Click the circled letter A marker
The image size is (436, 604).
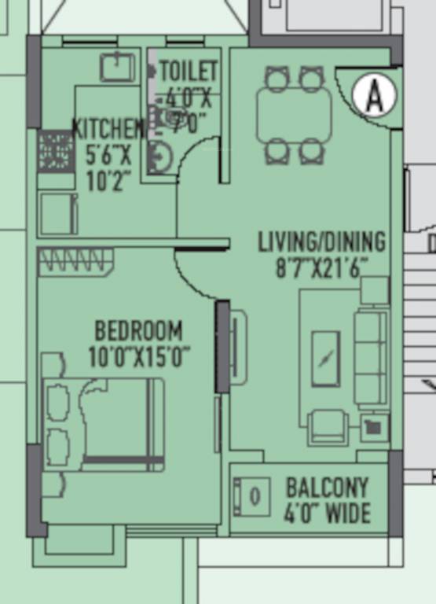[374, 95]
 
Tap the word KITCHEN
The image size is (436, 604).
[108, 127]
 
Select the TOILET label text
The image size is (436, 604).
[189, 71]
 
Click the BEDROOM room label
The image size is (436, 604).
[138, 330]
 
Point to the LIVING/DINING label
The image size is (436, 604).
[321, 241]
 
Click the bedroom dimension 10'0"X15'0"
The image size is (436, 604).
[139, 357]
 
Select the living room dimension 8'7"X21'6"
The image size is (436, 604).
[321, 267]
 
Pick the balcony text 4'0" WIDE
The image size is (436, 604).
[327, 514]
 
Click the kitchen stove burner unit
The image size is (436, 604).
[55, 151]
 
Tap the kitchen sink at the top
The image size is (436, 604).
[117, 67]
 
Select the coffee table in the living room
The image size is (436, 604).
[325, 359]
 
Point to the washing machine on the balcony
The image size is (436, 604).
[252, 497]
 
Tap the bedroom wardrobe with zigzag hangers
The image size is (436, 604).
[75, 261]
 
